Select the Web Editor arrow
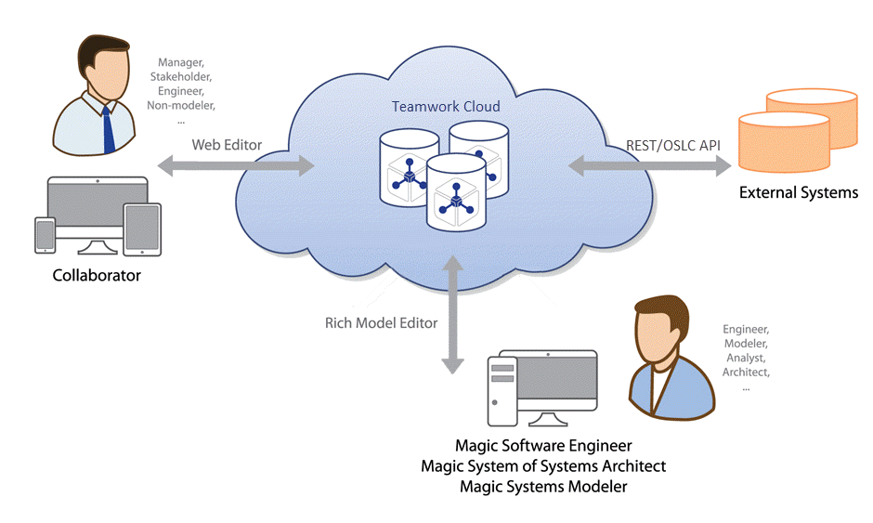coord(236,166)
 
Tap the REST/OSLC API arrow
coord(649,166)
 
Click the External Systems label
coord(798,193)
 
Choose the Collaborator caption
coord(97,275)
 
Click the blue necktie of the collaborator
coord(109,129)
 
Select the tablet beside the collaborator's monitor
coord(142,228)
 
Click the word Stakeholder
coord(182,78)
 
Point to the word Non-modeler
coord(180,107)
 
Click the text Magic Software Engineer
coord(543,447)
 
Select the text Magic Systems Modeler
coord(543,487)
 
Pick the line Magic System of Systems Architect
coord(543,466)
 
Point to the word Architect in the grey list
coord(746,373)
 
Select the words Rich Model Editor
coord(381,323)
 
